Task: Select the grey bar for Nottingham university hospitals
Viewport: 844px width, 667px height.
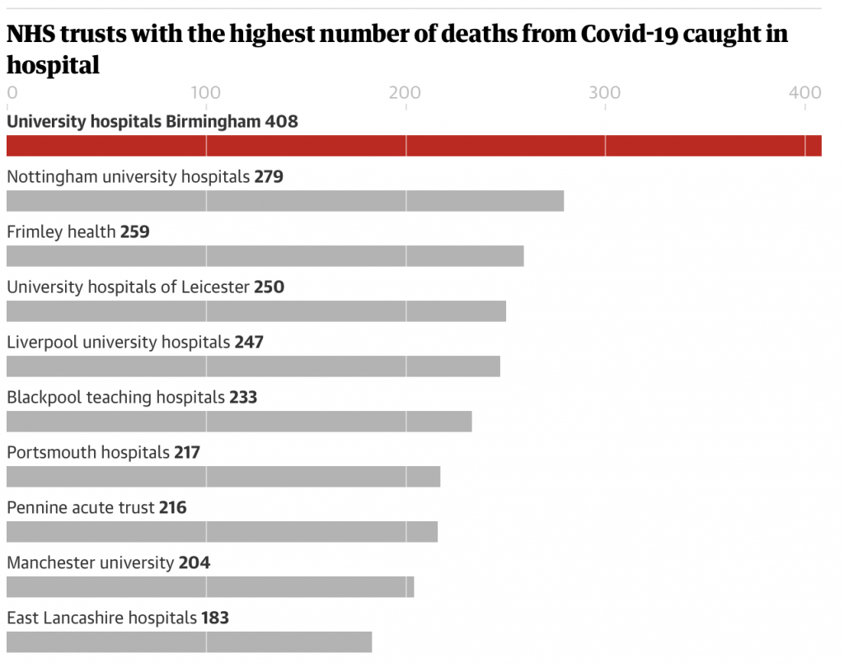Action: pos(285,201)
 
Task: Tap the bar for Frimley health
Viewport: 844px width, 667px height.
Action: pos(265,256)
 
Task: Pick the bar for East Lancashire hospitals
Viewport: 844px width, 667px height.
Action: pos(189,641)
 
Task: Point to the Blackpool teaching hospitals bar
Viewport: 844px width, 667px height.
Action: pos(239,422)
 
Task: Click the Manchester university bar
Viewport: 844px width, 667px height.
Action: pos(210,586)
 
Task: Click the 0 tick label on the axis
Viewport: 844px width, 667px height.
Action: pos(12,93)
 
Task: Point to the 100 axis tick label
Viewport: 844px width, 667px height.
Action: pos(205,93)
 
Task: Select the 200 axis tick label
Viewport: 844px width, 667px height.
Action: pos(405,93)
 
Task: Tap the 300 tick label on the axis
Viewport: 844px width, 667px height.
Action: pos(604,93)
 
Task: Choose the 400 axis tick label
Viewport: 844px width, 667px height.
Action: pos(804,93)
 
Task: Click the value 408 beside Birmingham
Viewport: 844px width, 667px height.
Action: pos(281,122)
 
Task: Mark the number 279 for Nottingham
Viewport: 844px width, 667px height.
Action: pos(269,177)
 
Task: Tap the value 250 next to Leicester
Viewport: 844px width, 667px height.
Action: pos(270,287)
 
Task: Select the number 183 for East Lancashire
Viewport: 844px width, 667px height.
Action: pos(215,618)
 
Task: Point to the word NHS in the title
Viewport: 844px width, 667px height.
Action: pos(30,35)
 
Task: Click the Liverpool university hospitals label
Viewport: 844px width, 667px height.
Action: pos(118,342)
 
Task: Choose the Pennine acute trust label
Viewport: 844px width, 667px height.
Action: pos(81,507)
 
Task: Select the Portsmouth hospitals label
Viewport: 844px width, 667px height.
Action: pos(88,452)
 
